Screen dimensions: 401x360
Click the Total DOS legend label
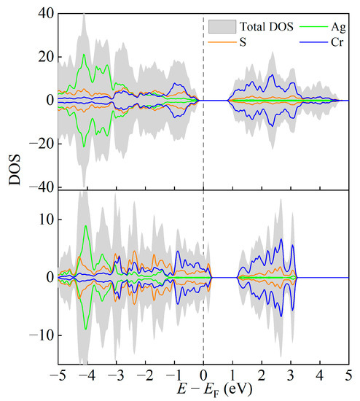click(x=258, y=27)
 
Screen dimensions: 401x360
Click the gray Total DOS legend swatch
click(x=219, y=27)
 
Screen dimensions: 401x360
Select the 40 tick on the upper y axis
click(x=46, y=14)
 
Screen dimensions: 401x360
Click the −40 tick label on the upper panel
click(x=43, y=187)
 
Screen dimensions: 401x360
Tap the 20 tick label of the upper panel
click(x=46, y=57)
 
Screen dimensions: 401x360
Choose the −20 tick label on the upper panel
click(x=43, y=144)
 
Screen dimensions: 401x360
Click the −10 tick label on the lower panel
click(x=43, y=335)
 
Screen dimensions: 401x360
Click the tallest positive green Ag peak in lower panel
click(x=86, y=226)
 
